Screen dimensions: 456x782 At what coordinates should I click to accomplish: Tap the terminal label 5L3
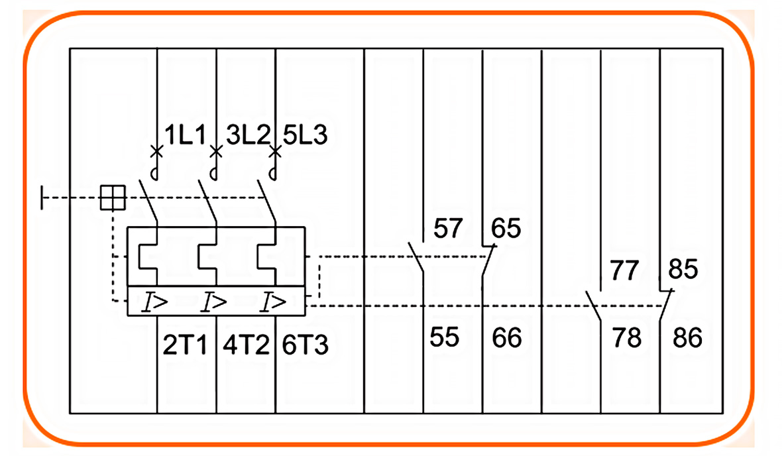[x=305, y=137]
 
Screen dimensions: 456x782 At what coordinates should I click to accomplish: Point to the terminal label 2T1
[x=186, y=345]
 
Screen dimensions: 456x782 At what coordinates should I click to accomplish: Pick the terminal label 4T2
[x=245, y=345]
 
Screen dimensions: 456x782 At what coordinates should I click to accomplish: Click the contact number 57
[x=449, y=229]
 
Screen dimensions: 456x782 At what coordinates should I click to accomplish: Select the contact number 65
[x=506, y=229]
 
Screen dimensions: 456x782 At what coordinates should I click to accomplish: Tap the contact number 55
[x=444, y=337]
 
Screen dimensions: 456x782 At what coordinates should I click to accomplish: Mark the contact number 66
[x=507, y=337]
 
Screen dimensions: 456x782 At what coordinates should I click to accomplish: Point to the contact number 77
[x=625, y=270]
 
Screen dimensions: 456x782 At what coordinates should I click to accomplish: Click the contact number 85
[x=684, y=270]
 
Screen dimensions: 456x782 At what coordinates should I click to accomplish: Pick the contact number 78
[x=626, y=337]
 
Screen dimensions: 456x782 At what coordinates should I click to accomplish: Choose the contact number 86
[x=687, y=337]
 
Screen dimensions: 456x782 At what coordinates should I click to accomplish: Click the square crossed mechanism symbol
[x=113, y=197]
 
